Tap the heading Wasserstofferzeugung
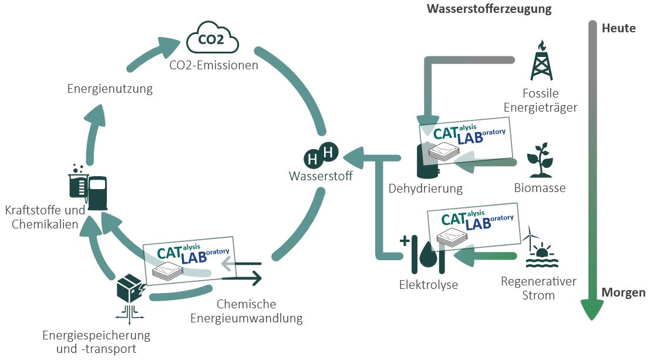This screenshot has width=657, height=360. coord(489,9)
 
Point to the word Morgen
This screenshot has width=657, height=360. coord(624,292)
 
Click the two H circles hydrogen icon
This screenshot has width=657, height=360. coord(321,156)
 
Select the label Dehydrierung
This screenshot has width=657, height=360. coord(425,189)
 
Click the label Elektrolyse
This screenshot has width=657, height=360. coord(428,285)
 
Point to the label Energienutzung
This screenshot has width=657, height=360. coord(110,89)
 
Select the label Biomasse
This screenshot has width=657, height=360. coord(540,189)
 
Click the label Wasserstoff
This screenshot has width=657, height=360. coord(321,176)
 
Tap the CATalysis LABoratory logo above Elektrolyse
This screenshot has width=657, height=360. coord(473,227)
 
